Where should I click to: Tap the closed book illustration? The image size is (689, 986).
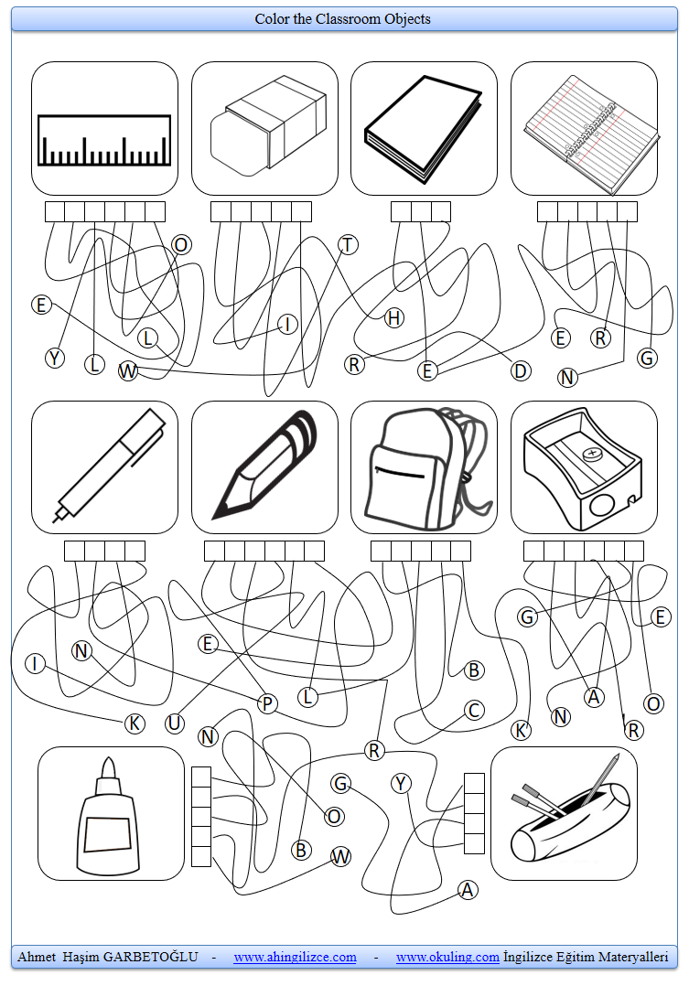click(x=423, y=129)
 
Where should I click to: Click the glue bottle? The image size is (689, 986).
click(x=108, y=820)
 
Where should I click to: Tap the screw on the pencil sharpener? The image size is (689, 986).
click(x=593, y=453)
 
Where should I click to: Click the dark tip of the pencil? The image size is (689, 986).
click(x=221, y=505)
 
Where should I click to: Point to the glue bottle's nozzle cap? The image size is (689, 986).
click(x=108, y=773)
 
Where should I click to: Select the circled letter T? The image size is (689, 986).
click(x=348, y=244)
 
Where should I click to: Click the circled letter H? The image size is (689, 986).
click(x=393, y=317)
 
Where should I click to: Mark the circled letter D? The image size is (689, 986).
click(x=520, y=370)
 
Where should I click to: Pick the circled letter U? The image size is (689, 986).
click(x=175, y=723)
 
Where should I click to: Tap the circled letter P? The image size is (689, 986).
click(x=267, y=703)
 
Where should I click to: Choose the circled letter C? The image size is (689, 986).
click(x=473, y=710)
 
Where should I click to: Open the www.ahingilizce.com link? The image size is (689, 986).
click(x=295, y=957)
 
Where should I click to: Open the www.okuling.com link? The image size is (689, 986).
click(x=447, y=957)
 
